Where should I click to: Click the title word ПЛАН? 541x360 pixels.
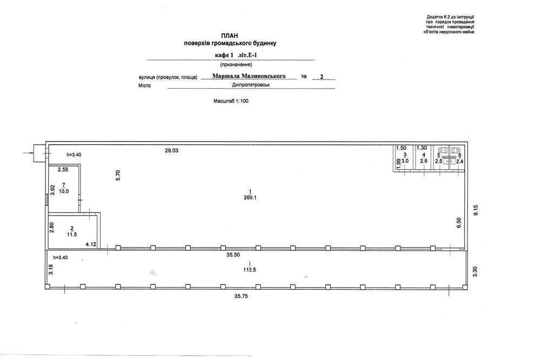pos(229,36)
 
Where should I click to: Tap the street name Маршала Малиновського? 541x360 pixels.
pos(249,76)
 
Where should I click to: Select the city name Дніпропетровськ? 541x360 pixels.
pos(251,85)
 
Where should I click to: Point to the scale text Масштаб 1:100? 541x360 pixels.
pos(231,101)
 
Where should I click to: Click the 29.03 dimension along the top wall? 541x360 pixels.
pos(171,150)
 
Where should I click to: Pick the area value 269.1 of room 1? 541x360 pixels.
pos(250,198)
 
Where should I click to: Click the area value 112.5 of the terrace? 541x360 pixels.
pos(249,270)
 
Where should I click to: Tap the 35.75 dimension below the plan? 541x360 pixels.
pos(241,296)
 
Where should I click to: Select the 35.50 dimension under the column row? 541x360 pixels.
pos(233,255)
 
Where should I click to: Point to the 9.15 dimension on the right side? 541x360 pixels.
pos(476,210)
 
